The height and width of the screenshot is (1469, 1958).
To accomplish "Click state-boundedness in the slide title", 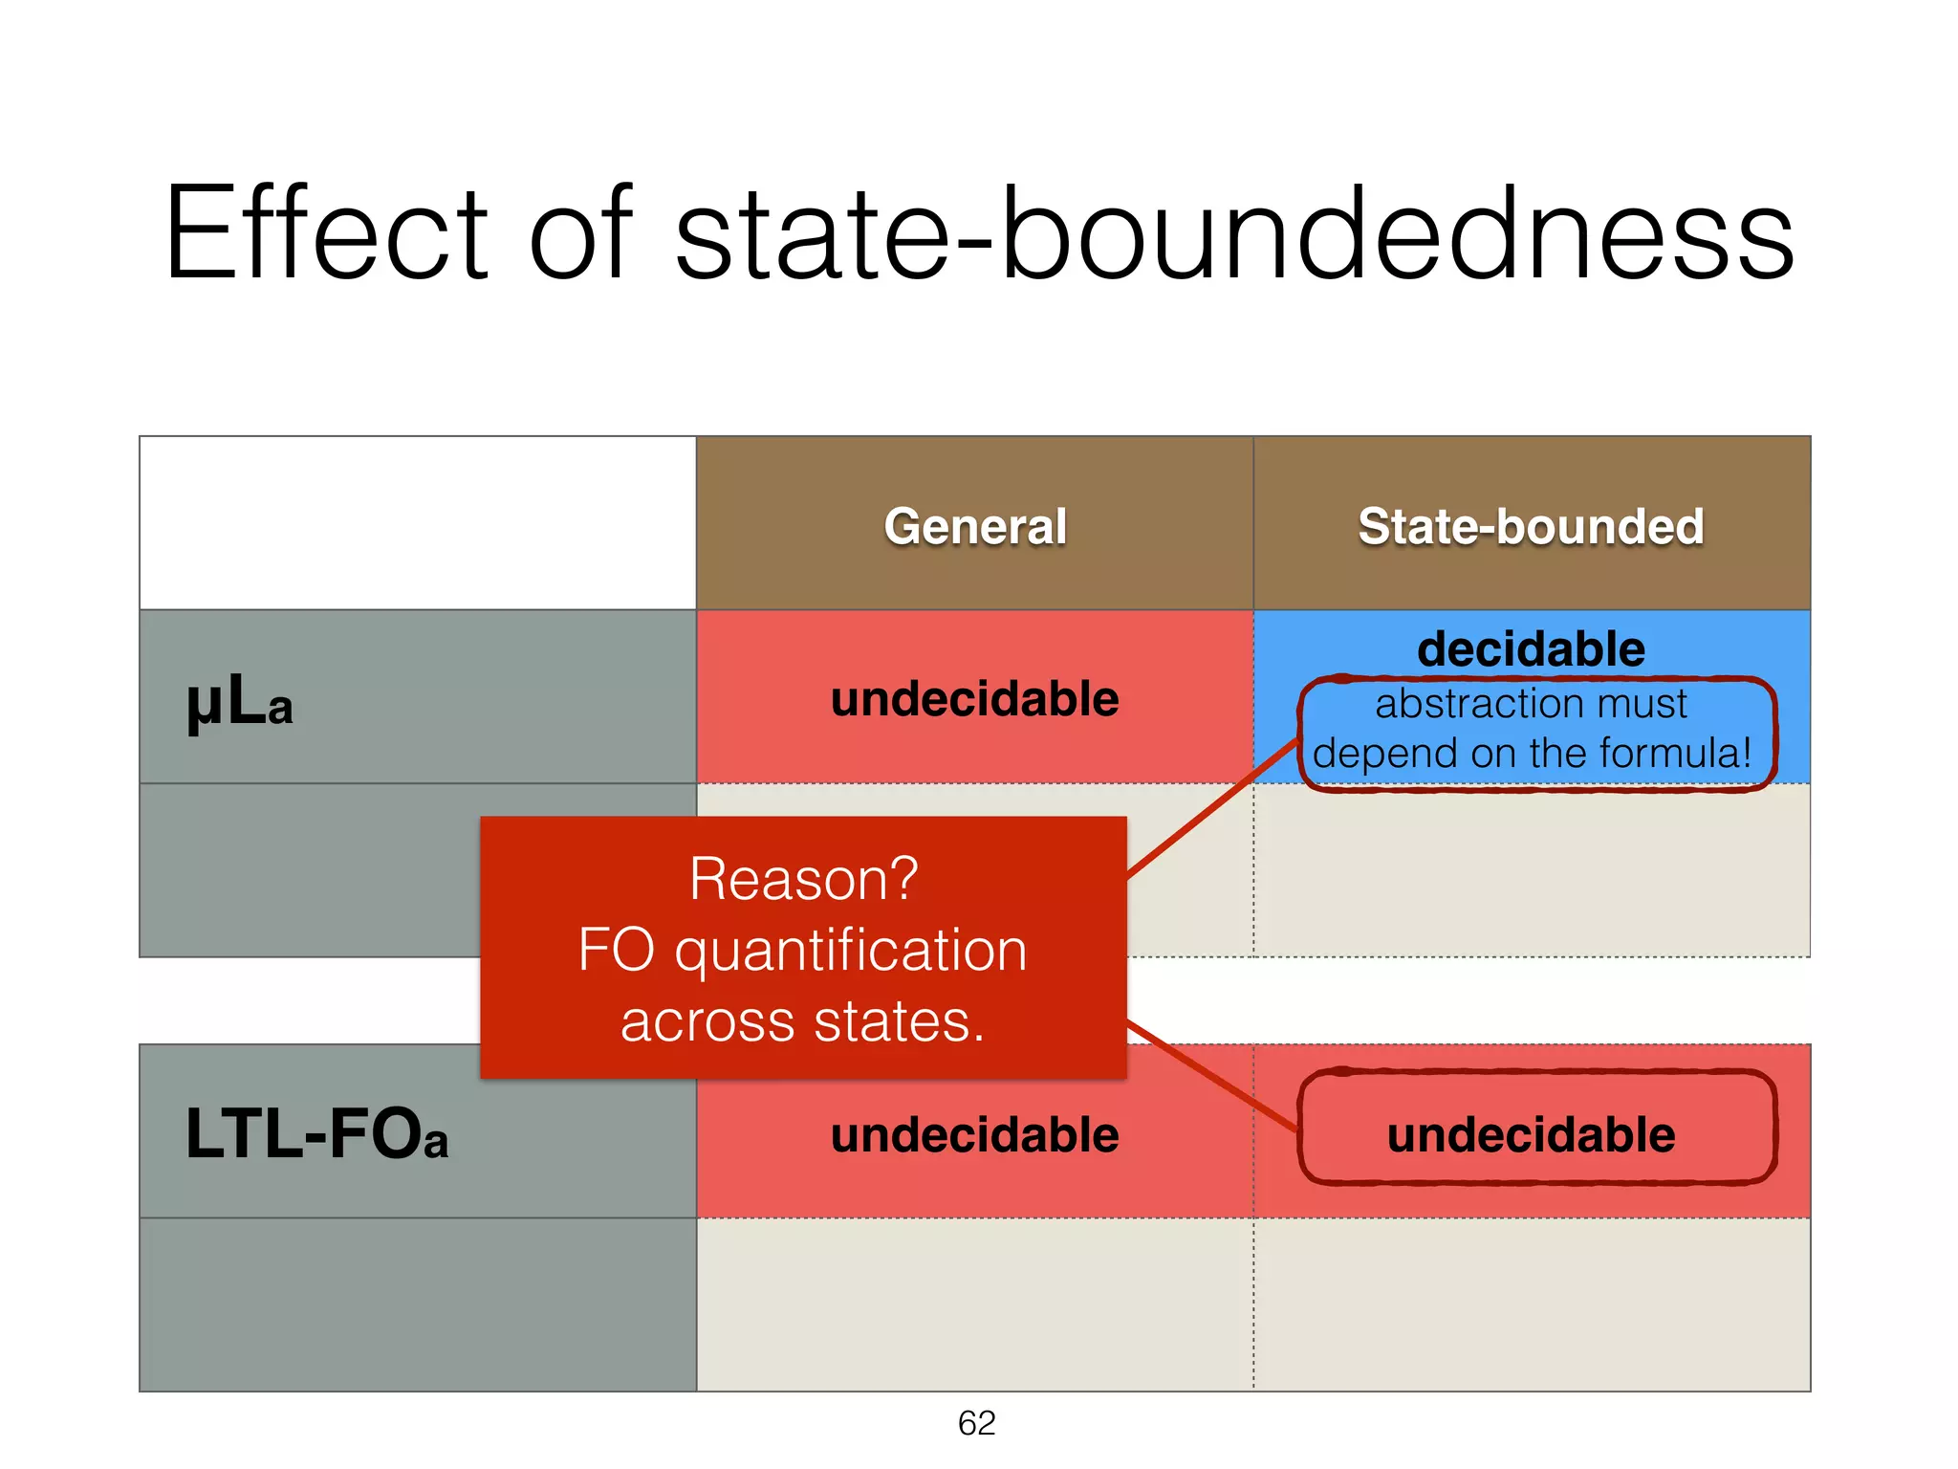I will pyautogui.click(x=1233, y=234).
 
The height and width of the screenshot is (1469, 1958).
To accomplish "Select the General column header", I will pyautogui.click(x=975, y=526).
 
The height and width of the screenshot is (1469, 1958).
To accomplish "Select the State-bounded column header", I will pyautogui.click(x=1531, y=526).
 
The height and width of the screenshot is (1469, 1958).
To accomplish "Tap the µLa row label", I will pyautogui.click(x=239, y=703).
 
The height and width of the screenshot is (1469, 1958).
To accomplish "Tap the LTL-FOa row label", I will pyautogui.click(x=315, y=1135).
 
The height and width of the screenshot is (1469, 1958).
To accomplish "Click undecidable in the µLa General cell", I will pyautogui.click(x=974, y=699).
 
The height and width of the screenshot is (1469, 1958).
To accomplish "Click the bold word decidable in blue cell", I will pyautogui.click(x=1531, y=649).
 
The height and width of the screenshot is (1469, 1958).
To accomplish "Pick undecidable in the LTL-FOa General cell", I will pyautogui.click(x=974, y=1135).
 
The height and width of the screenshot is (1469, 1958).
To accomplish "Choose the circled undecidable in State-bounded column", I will pyautogui.click(x=1531, y=1135).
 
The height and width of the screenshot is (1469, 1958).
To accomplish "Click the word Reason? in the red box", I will pyautogui.click(x=803, y=879).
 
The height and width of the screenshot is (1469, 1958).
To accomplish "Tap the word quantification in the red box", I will pyautogui.click(x=851, y=952).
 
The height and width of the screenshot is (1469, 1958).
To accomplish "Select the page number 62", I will pyautogui.click(x=976, y=1423).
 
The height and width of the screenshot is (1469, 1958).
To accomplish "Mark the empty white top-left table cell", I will pyautogui.click(x=418, y=523).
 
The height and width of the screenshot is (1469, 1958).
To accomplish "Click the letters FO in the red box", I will pyautogui.click(x=617, y=952).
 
